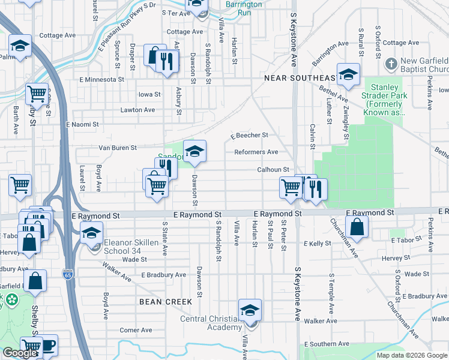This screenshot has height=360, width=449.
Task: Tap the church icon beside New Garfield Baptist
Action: tap(391, 63)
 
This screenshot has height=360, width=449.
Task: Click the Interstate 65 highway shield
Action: tap(68, 274)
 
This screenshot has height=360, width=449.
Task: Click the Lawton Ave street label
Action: tap(137, 110)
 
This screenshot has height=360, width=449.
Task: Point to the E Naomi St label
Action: tap(82, 124)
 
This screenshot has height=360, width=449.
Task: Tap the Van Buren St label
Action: tap(118, 148)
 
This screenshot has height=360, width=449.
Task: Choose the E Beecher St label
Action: tap(248, 136)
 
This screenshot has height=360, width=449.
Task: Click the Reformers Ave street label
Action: tap(256, 152)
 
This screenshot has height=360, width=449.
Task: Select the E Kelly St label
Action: tap(318, 244)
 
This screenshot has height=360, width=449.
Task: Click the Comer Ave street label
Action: tap(134, 330)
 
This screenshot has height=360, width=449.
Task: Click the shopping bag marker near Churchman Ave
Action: tap(357, 227)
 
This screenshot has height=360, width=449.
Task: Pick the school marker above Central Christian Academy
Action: tap(250, 310)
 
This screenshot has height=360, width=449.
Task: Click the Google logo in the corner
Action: tap(20, 353)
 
